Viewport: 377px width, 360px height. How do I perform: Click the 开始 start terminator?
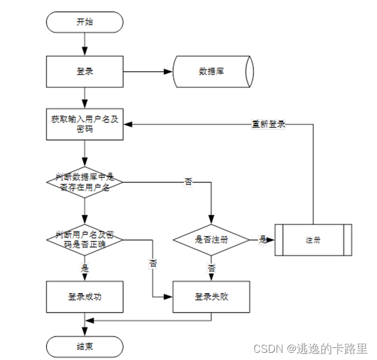point(84,22)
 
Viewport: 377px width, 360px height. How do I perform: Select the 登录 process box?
point(84,71)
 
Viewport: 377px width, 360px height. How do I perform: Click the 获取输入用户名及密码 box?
point(84,125)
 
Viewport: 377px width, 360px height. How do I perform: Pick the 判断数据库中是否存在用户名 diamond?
point(84,181)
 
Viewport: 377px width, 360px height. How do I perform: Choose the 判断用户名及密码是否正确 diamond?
point(84,239)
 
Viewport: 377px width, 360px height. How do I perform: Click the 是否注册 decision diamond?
point(211,239)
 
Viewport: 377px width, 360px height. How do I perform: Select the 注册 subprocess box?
point(312,239)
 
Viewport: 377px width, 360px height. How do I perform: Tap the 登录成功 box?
point(84,296)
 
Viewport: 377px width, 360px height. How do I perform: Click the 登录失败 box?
point(211,296)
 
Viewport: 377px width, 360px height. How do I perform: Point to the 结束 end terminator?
point(84,346)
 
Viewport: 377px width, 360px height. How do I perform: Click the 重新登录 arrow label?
point(268,124)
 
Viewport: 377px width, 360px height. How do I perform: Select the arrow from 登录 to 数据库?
point(147,71)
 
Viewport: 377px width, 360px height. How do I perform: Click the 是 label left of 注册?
point(262,239)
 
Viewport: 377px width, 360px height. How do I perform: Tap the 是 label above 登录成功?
point(84,269)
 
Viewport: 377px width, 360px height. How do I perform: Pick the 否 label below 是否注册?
point(211,269)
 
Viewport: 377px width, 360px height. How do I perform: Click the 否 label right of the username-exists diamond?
point(188,181)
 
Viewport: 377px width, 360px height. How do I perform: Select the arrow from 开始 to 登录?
point(84,44)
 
